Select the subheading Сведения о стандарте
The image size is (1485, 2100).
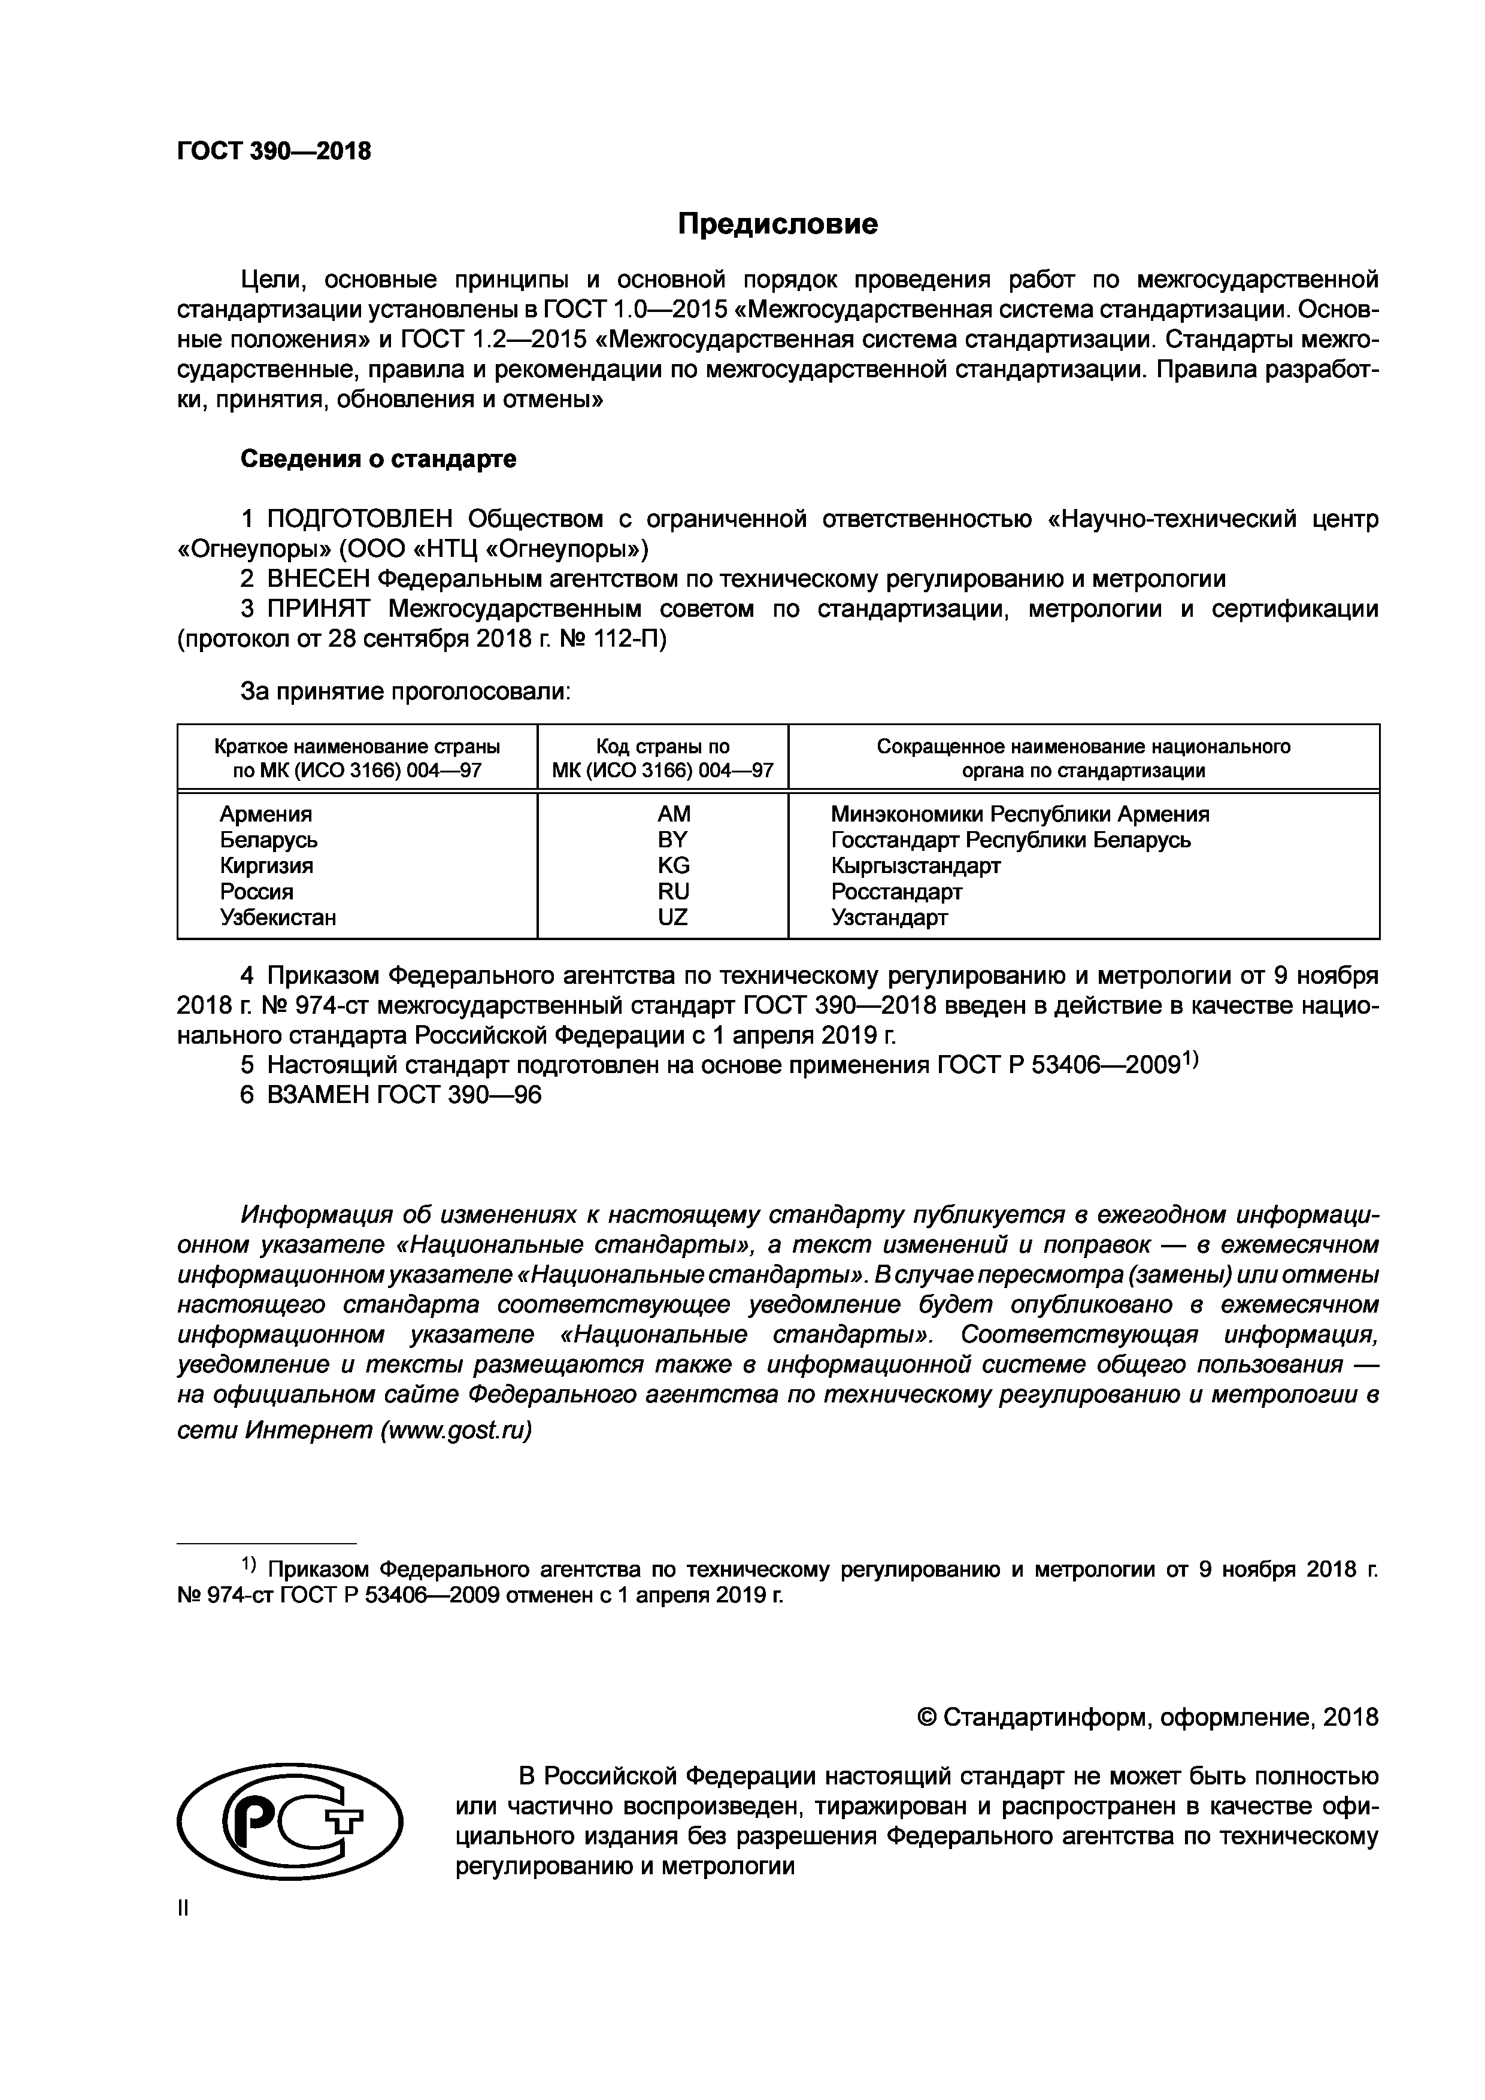[378, 459]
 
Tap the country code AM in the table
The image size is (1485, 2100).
[673, 814]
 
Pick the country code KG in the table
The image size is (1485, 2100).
[673, 865]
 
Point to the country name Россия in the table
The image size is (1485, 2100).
[256, 891]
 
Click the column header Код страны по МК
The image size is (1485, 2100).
[663, 758]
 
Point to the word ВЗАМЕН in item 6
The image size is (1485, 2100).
[318, 1095]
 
